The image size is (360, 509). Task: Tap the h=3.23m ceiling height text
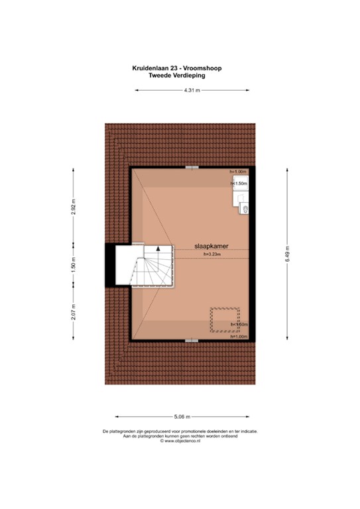click(211, 253)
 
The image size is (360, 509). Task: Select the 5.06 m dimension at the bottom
click(182, 417)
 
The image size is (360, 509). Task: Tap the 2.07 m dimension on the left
click(74, 311)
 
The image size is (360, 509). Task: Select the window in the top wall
click(191, 166)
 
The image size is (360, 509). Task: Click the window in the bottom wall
click(191, 339)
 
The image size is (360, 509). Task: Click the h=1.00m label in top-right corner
click(238, 172)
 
